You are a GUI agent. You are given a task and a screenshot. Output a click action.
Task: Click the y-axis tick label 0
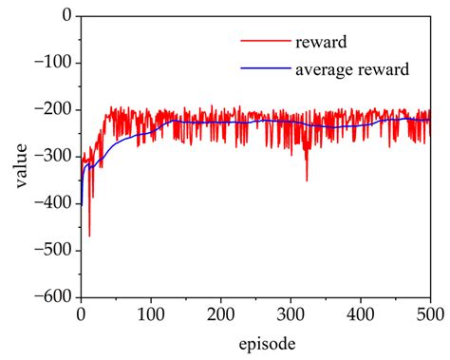[x=66, y=16]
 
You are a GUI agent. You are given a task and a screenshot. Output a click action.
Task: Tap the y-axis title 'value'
[x=21, y=158]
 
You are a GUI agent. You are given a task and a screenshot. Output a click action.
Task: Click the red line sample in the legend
[x=263, y=42]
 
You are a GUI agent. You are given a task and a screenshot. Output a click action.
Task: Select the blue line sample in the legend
[x=263, y=68]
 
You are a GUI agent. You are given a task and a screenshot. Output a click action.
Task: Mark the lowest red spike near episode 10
[x=89, y=235]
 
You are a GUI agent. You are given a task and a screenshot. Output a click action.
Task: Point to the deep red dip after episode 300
[x=307, y=180]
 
